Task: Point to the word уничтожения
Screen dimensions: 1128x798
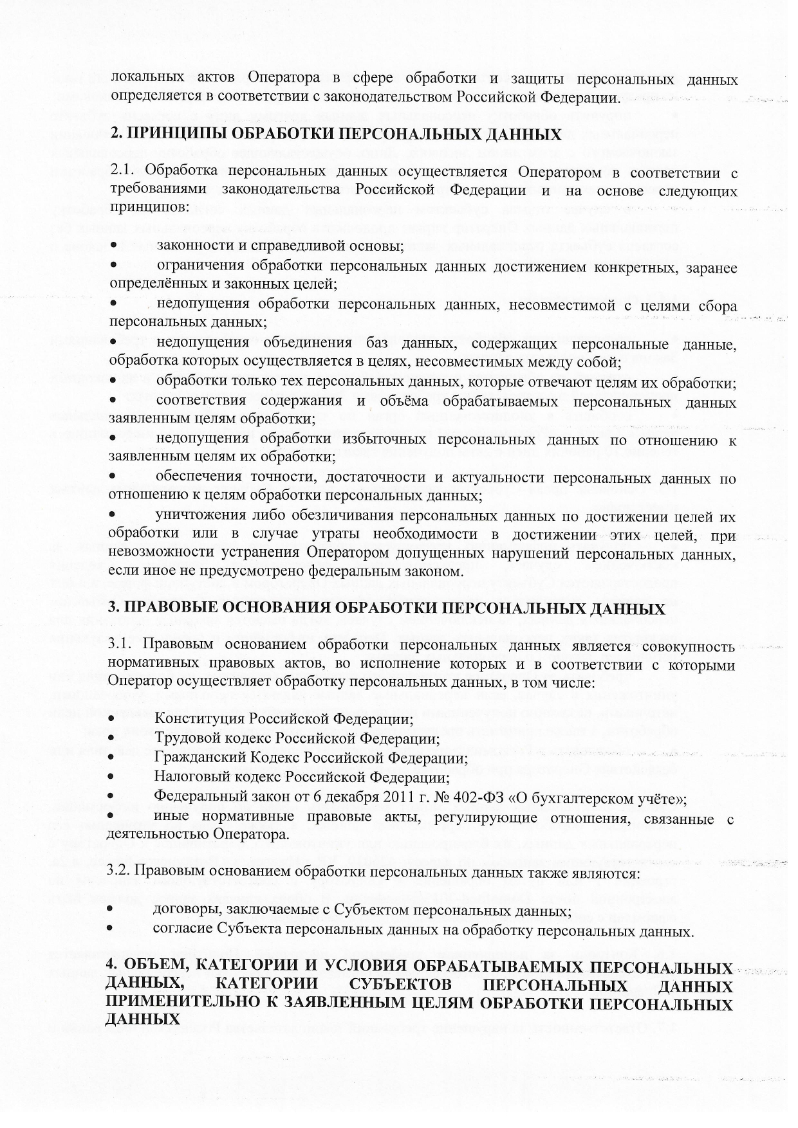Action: (194, 516)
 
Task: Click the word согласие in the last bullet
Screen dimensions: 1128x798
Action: (182, 931)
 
